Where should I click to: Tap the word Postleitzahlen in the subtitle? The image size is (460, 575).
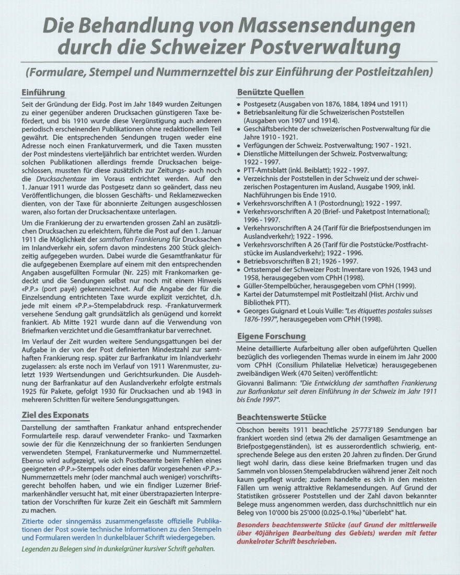[397, 70]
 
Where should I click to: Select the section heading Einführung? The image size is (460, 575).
[43, 93]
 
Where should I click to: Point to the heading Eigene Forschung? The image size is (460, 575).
[271, 336]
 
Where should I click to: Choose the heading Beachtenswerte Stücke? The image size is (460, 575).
[282, 417]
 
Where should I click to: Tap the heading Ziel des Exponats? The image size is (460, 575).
[55, 415]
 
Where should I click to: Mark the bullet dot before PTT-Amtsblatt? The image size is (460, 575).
[239, 170]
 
